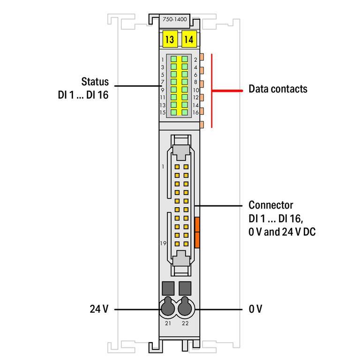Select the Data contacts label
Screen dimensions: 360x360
tap(277, 89)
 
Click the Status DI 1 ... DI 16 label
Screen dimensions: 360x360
tap(82, 88)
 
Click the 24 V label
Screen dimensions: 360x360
tap(99, 309)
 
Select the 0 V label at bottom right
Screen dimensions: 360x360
tap(255, 309)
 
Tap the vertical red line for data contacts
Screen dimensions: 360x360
tap(213, 90)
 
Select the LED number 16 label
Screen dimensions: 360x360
tap(196, 112)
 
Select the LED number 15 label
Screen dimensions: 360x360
tap(162, 112)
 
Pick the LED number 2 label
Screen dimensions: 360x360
tap(195, 60)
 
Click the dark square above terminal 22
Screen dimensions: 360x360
tap(186, 287)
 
